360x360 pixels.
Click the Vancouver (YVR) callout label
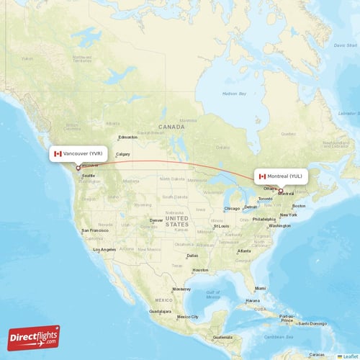80,153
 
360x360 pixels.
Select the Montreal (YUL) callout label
283,176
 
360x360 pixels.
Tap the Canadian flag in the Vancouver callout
58,153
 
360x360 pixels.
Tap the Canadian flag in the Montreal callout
262,176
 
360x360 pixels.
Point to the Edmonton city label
128,138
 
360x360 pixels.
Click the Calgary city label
123,154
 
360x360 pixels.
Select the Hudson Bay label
233,93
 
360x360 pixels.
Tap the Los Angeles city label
104,249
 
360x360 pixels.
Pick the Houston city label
200,270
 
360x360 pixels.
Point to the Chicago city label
232,209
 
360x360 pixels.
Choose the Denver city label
156,220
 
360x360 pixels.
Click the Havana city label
253,300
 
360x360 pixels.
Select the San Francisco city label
95,230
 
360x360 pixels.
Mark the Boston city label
299,206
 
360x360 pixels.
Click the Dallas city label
192,255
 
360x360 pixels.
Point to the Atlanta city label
245,251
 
